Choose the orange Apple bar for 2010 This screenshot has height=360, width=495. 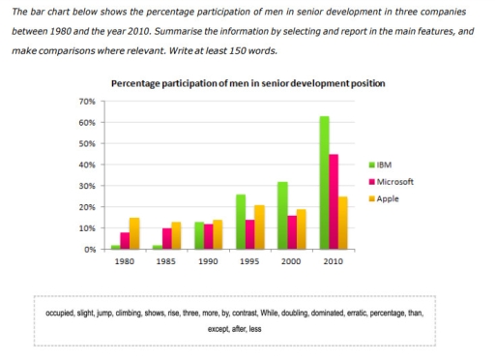pyautogui.click(x=345, y=223)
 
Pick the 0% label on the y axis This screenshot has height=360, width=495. pyautogui.click(x=88, y=250)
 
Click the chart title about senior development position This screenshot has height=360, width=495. pyautogui.click(x=248, y=84)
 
